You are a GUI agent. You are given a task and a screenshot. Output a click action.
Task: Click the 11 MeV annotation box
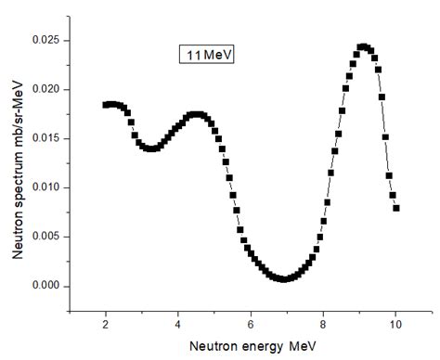pos(206,55)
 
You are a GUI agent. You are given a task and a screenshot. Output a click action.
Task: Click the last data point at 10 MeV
pos(396,208)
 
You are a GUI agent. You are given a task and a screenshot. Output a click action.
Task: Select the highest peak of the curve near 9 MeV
pos(363,45)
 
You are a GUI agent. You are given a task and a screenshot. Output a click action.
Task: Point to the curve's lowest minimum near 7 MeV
pos(284,278)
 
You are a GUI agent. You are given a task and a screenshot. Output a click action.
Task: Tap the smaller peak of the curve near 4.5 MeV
pos(195,114)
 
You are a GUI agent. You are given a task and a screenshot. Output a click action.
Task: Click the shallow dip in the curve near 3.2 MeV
pos(150,148)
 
